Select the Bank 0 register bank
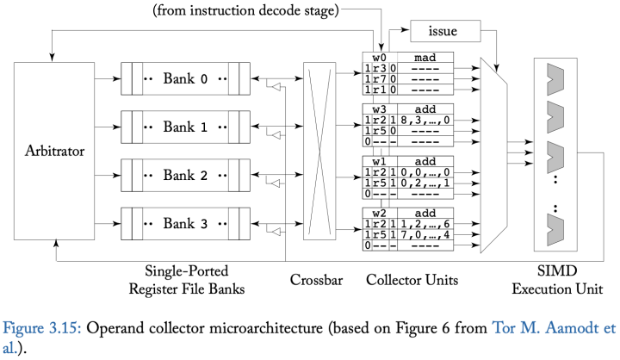click(185, 79)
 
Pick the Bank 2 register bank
click(185, 176)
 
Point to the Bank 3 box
click(185, 224)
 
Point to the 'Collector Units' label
click(405, 279)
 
